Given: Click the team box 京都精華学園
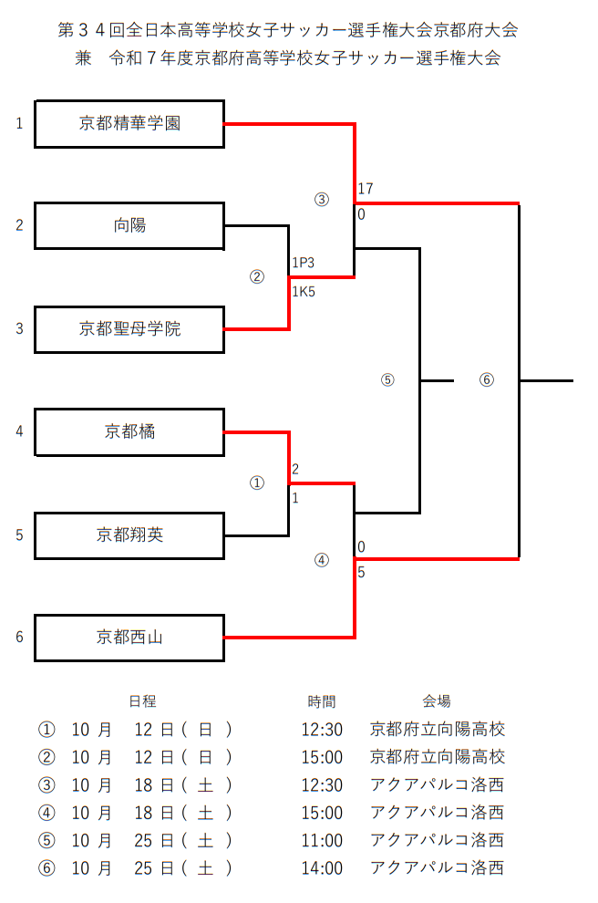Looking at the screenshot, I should tap(129, 123).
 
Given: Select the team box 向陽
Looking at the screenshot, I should tap(129, 225).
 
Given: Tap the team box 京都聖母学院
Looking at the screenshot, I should tap(129, 328).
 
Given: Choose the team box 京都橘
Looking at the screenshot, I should tap(129, 431).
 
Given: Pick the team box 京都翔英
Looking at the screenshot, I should tap(129, 535).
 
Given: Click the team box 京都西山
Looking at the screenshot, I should tap(129, 638).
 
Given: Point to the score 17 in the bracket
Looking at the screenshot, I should tap(366, 189).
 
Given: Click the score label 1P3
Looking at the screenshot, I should tap(304, 263).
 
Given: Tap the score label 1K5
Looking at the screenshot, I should tap(304, 292).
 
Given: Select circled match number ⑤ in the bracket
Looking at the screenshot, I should tap(387, 380).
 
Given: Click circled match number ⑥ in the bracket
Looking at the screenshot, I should tap(486, 380).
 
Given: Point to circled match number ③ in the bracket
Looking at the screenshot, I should tap(321, 200).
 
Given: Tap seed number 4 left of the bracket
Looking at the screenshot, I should tap(19, 431).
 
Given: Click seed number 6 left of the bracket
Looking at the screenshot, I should tap(19, 638).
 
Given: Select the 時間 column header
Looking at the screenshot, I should tap(322, 701).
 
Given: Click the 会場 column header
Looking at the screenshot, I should tap(437, 701).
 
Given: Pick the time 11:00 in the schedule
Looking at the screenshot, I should tap(322, 840).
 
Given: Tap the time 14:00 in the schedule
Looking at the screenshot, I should tap(322, 868).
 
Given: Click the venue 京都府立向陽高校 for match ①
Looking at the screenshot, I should tap(438, 729).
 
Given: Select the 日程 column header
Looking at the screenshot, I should tap(142, 701).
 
